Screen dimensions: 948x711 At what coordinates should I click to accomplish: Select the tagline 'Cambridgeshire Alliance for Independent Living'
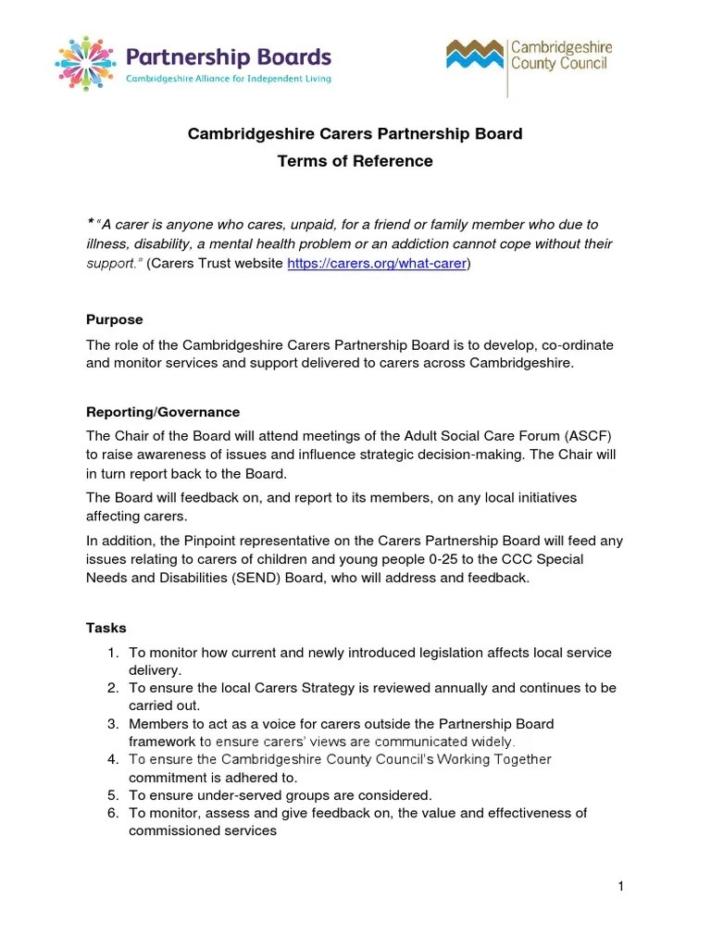coord(229,79)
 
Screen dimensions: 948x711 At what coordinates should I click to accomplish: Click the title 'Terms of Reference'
coord(355,161)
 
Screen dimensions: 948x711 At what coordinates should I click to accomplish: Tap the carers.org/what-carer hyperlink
coord(377,264)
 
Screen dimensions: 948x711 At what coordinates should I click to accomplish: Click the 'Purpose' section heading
coord(114,319)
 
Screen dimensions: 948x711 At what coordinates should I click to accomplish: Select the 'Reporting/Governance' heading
coord(163,412)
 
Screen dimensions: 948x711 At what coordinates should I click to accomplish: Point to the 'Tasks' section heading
coord(106,628)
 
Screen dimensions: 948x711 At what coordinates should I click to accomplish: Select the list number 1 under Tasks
coord(112,653)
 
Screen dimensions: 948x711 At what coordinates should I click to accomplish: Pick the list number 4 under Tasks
coord(112,759)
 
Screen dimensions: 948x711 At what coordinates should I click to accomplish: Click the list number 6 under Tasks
coord(112,813)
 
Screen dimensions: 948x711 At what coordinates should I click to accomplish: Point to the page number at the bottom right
coord(620,888)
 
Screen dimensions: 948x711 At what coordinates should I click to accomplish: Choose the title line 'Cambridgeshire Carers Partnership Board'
coord(355,133)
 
